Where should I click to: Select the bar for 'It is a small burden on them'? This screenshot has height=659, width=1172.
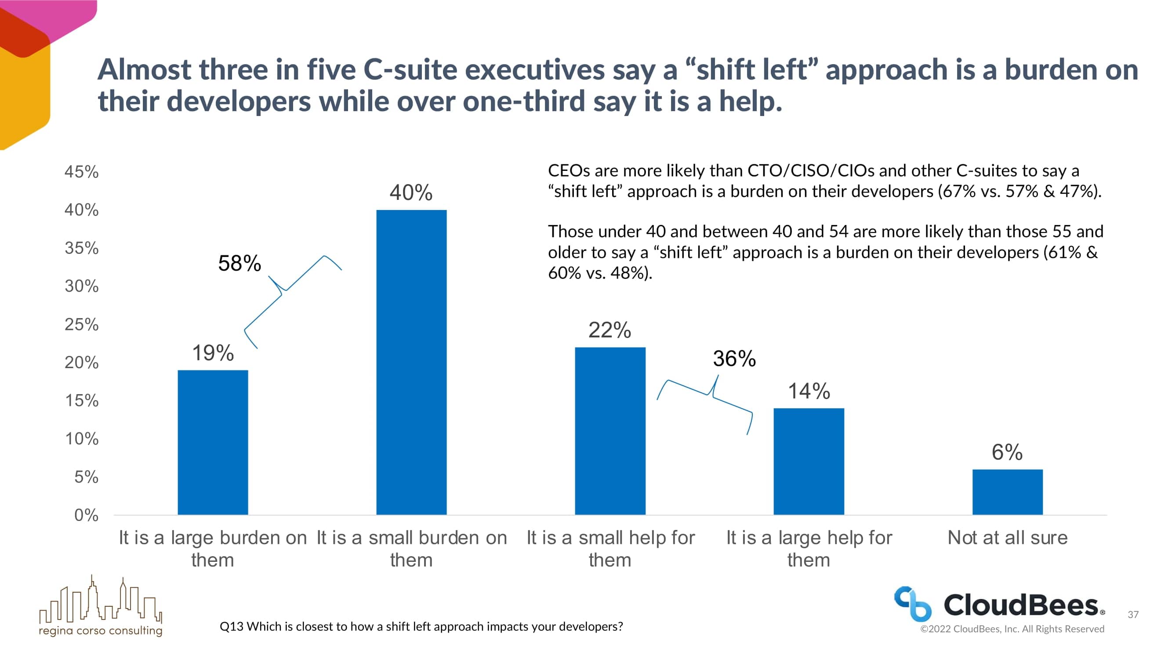pos(411,362)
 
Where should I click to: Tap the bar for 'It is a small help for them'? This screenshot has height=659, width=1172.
pos(610,431)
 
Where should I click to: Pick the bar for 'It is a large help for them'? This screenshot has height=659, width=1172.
pos(809,461)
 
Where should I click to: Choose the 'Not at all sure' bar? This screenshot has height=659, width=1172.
pos(1007,492)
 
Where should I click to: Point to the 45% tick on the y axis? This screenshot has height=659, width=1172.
pos(81,172)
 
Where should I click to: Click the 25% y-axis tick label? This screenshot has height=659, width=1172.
pos(81,325)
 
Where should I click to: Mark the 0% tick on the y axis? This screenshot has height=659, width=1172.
pos(86,515)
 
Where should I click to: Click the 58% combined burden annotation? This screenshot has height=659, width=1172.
pos(239,263)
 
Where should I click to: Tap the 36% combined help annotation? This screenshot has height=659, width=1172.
pos(734,358)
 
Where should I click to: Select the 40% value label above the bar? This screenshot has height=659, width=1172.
pos(411,192)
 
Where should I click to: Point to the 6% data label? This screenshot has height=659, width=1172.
pos(1007,452)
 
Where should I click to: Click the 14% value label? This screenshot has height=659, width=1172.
pos(809,391)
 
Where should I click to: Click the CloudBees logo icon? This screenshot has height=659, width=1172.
pos(912,604)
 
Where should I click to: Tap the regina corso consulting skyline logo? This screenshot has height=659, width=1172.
pos(101,605)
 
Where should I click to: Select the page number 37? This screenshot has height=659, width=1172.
pos(1133,615)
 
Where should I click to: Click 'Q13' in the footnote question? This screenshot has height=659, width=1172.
pos(231,627)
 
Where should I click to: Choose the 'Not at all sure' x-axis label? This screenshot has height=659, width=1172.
pos(1007,538)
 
